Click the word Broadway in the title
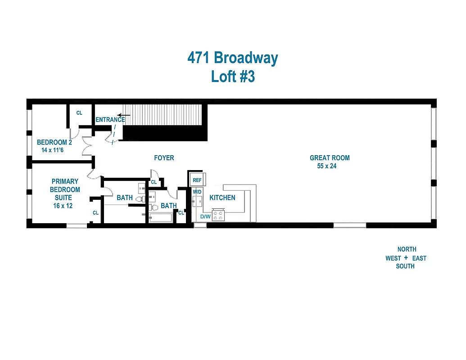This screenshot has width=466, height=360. [246, 58]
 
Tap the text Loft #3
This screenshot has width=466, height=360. [233, 76]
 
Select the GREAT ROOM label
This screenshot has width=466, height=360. [330, 158]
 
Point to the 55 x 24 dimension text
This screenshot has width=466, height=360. [326, 166]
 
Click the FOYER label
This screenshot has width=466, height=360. [164, 158]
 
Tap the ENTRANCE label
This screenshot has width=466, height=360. [110, 120]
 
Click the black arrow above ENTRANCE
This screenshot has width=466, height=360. [124, 115]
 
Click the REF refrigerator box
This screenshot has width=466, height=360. [197, 180]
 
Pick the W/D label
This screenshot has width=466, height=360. [197, 192]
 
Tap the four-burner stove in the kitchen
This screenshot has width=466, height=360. [218, 216]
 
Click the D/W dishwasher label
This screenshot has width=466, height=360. [205, 217]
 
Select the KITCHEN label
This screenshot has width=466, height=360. [222, 198]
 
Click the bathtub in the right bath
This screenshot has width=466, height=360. [161, 218]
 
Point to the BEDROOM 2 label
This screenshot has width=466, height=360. [54, 142]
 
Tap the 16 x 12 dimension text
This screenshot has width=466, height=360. [62, 206]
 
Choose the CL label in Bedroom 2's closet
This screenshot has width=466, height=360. [79, 113]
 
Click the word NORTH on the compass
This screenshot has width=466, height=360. [407, 249]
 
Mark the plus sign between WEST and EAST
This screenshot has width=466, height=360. [406, 258]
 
